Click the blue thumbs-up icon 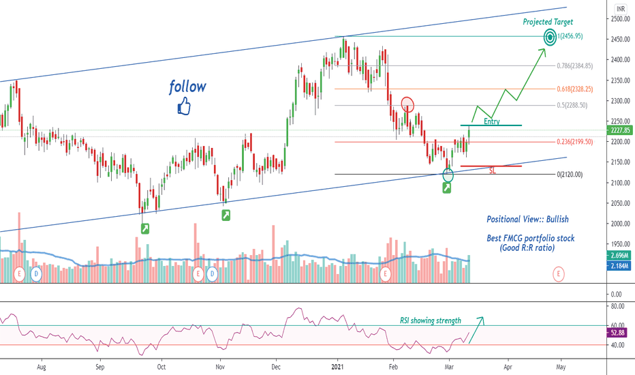click(184, 106)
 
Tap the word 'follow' click(187, 87)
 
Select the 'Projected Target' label click(548, 22)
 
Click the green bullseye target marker click(550, 37)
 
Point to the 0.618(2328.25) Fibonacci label click(574, 89)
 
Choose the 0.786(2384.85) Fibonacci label click(574, 65)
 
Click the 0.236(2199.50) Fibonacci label click(574, 142)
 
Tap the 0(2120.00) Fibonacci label click(570, 175)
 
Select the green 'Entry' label click(492, 121)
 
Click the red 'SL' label click(493, 170)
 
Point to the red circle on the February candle click(408, 104)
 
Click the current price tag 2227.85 click(620, 130)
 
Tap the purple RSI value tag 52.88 click(617, 333)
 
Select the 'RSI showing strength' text click(431, 320)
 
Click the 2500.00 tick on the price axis click(620, 18)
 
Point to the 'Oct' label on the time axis click(161, 367)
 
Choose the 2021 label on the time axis click(337, 367)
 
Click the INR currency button click(621, 8)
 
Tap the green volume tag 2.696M click(619, 256)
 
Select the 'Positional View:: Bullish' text click(527, 220)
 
